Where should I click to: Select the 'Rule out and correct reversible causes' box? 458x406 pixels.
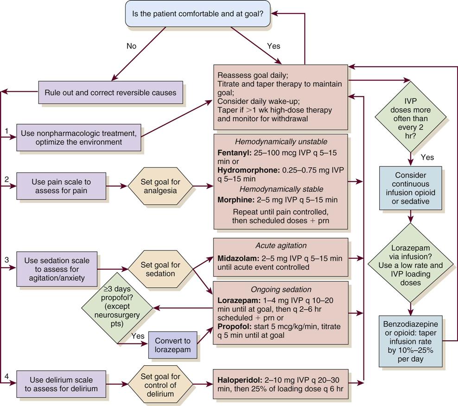(110, 92)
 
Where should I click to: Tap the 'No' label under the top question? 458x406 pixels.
(132, 46)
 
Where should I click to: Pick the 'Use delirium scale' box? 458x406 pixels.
(62, 384)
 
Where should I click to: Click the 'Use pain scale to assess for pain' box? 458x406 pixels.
(62, 186)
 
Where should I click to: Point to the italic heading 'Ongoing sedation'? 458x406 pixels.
(280, 289)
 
